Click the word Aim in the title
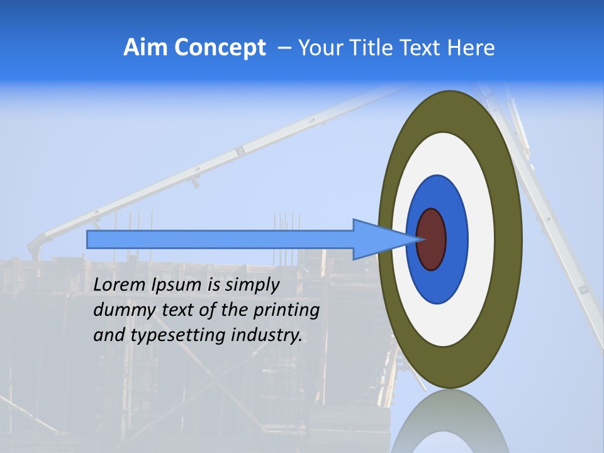click(146, 48)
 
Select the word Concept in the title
click(220, 48)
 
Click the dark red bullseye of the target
click(432, 239)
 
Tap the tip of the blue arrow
click(420, 239)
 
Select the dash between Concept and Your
click(284, 48)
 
